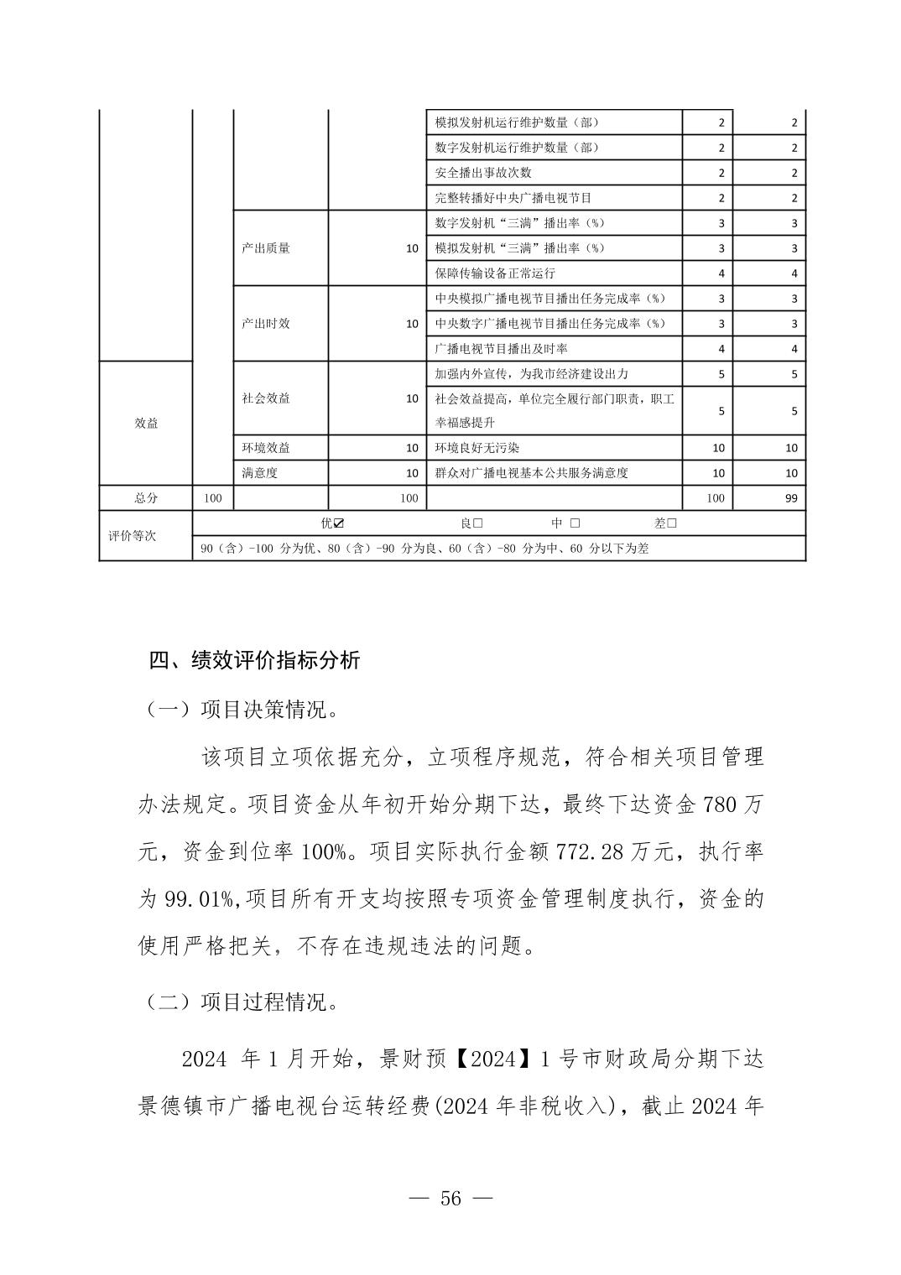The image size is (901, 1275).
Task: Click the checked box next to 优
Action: click(339, 523)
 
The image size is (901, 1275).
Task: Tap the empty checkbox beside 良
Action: click(477, 523)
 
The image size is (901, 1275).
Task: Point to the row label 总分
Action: click(146, 498)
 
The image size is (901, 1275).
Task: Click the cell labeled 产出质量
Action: click(266, 248)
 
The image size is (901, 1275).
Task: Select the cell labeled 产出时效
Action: click(266, 324)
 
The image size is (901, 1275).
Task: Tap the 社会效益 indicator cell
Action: click(266, 398)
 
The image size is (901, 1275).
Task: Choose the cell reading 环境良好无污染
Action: click(477, 448)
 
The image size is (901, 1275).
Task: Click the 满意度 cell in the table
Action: click(259, 473)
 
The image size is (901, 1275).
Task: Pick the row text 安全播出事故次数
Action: click(483, 173)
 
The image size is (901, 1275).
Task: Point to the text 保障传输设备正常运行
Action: click(495, 273)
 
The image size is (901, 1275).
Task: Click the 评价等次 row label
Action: click(133, 536)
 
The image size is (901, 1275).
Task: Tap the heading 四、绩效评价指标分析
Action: click(254, 660)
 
